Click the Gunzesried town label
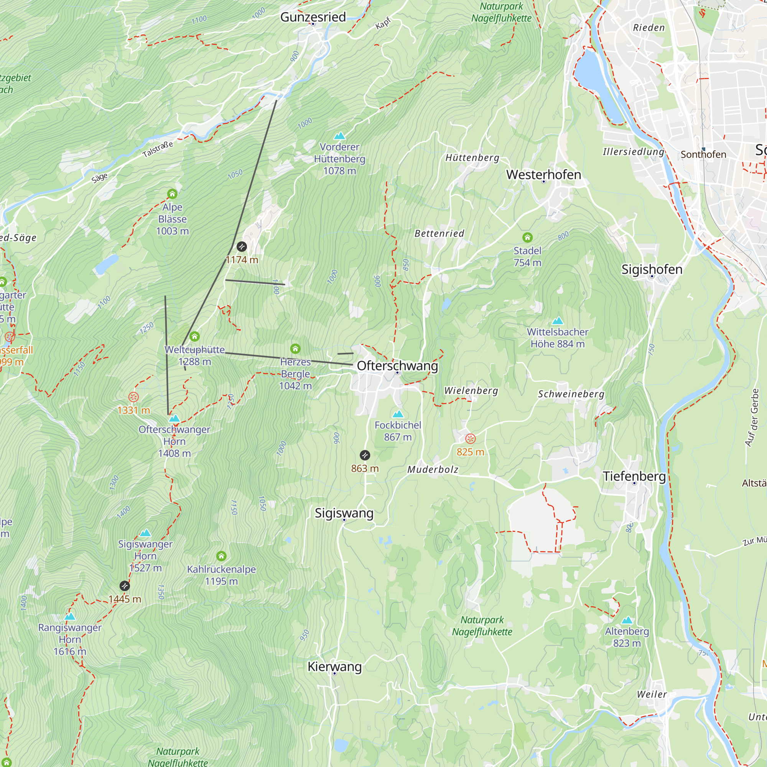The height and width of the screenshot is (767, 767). pyautogui.click(x=313, y=17)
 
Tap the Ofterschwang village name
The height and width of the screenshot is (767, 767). pyautogui.click(x=397, y=365)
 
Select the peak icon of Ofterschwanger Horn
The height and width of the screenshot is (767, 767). pyautogui.click(x=174, y=418)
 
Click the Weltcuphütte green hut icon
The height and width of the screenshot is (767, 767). pyautogui.click(x=194, y=337)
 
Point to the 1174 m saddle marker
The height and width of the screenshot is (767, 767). pyautogui.click(x=242, y=247)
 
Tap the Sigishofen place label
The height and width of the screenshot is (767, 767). pyautogui.click(x=652, y=269)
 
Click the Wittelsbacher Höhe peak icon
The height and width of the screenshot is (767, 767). pyautogui.click(x=558, y=320)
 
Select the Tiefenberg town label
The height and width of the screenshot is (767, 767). pyautogui.click(x=634, y=476)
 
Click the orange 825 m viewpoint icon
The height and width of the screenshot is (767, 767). pyautogui.click(x=470, y=439)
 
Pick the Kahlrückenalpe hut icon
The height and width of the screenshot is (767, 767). pyautogui.click(x=222, y=556)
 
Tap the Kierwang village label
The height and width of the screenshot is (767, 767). pyautogui.click(x=335, y=667)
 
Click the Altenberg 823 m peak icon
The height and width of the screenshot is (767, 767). pyautogui.click(x=627, y=620)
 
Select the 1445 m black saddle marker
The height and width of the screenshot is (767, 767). pyautogui.click(x=125, y=586)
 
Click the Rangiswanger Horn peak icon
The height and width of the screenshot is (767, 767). pyautogui.click(x=70, y=617)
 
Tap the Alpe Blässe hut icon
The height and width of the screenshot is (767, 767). pyautogui.click(x=172, y=194)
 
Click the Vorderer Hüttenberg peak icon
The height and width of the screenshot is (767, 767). pyautogui.click(x=339, y=136)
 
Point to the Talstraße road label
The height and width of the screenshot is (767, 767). pyautogui.click(x=158, y=149)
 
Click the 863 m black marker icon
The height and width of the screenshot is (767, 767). pyautogui.click(x=365, y=455)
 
